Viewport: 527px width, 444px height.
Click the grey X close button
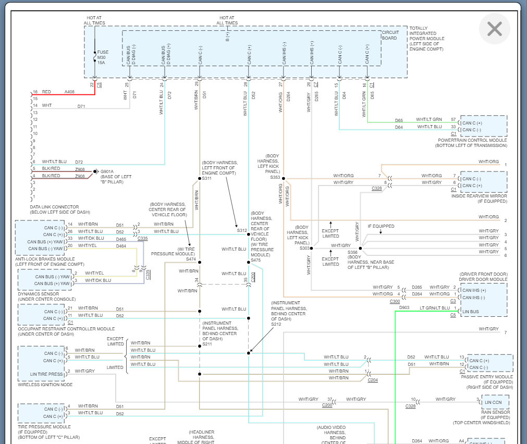(x=494, y=29)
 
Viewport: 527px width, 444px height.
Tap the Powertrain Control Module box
(x=483, y=127)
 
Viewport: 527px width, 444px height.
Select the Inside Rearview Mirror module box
(x=483, y=182)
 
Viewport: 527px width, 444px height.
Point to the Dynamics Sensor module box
(x=44, y=280)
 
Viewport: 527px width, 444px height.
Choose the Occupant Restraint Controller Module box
(x=42, y=315)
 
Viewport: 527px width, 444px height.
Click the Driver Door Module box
(x=483, y=300)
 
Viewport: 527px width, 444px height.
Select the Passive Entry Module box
(x=489, y=364)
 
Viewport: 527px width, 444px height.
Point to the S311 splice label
(x=207, y=179)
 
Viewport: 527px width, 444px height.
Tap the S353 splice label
(x=275, y=178)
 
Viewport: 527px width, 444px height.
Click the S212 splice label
(x=276, y=324)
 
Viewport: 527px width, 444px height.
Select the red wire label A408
(x=69, y=92)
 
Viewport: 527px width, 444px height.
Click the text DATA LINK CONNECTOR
(x=55, y=207)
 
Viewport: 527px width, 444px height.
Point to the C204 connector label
(x=373, y=380)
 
